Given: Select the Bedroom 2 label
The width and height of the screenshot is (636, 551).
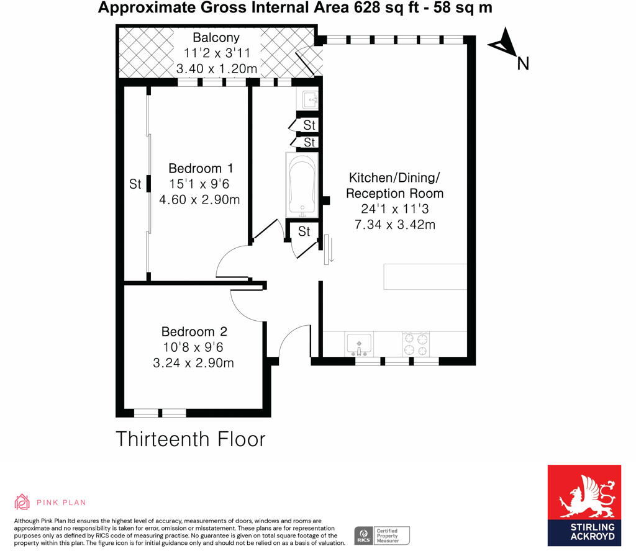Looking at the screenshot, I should (193, 331).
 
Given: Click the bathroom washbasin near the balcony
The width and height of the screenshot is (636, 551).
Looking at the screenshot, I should (309, 99).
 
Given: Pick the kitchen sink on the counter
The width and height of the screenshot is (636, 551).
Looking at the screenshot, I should (359, 342).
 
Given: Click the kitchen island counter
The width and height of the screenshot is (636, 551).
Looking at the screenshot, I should (425, 277).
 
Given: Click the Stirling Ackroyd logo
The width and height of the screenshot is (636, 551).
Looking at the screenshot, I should (584, 505).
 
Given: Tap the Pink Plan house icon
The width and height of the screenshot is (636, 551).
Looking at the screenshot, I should (22, 502).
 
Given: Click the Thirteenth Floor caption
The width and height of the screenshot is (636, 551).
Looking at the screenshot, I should (191, 439).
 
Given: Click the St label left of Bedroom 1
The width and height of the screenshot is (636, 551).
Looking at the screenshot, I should (135, 184).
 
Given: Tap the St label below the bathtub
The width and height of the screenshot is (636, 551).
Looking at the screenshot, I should (304, 232).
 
